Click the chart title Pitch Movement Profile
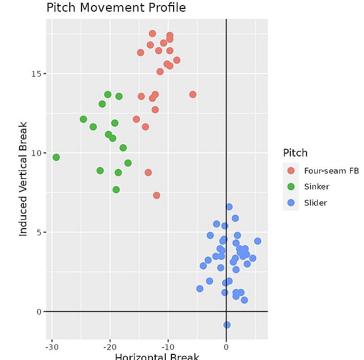[x=116, y=8]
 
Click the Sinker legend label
[x=317, y=187]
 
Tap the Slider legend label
[x=315, y=203]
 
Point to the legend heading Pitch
[x=295, y=153]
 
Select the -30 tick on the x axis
[x=51, y=347]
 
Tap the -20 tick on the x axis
[x=109, y=347]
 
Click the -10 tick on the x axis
[x=167, y=347]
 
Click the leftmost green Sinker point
[x=56, y=157]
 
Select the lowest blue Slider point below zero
[x=227, y=325]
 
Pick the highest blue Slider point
[x=229, y=207]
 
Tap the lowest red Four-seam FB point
[x=156, y=195]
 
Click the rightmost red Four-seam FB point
[x=193, y=94]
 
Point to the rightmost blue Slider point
[x=257, y=241]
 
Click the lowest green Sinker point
[x=116, y=190]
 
